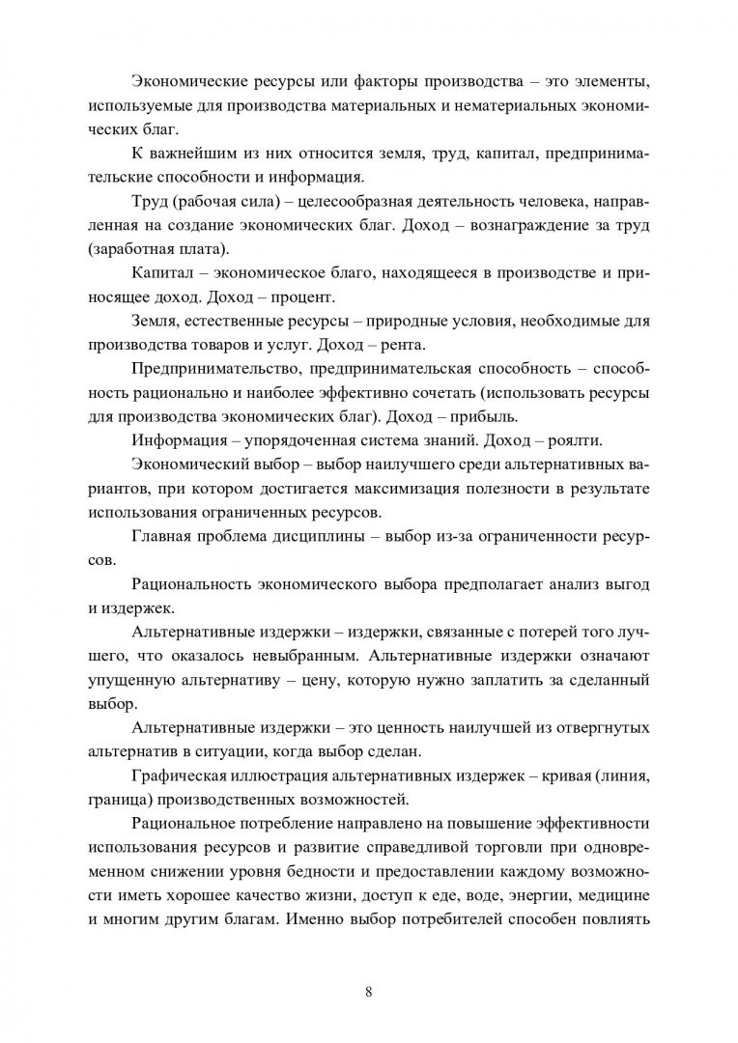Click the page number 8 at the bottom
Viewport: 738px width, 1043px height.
pos(369,990)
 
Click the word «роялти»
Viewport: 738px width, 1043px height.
pos(571,441)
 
